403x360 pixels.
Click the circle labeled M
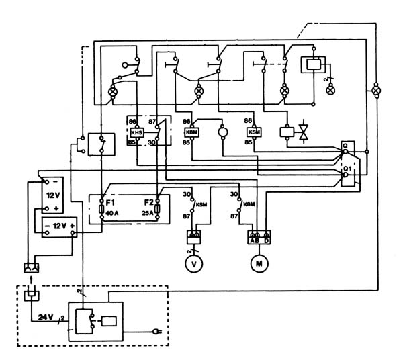click(259, 263)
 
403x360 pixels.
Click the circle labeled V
click(195, 263)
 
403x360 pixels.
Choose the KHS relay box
click(138, 131)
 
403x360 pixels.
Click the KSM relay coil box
click(246, 132)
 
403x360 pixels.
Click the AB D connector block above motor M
click(259, 237)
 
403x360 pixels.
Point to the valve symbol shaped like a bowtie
click(303, 132)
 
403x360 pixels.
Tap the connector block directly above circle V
click(195, 237)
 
